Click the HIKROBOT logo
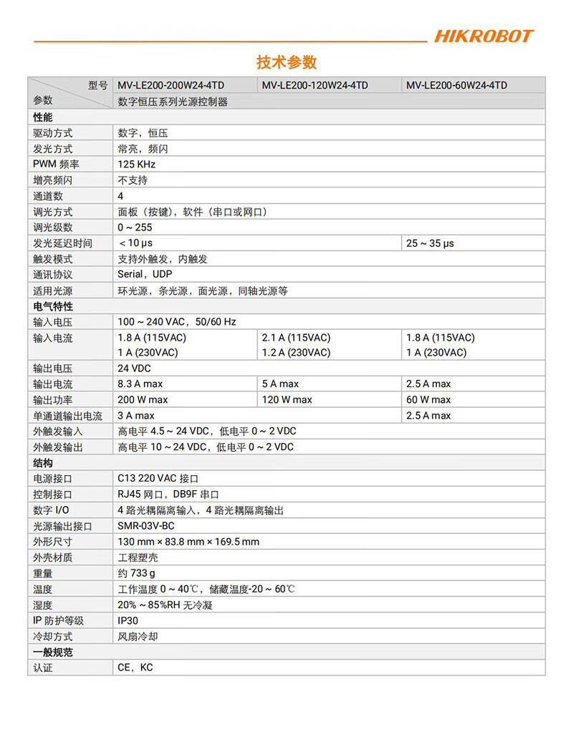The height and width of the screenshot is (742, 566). coord(484,36)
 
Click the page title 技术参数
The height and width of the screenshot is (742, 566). coord(287,62)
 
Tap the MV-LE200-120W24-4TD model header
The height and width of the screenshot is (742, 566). coord(315,85)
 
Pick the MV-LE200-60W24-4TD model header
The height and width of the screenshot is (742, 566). coord(456,85)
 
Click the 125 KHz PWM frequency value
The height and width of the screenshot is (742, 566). coord(137,165)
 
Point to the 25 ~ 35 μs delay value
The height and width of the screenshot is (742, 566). coord(430,243)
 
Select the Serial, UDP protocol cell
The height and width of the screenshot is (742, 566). coord(145,275)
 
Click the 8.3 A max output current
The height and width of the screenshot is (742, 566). coord(140,384)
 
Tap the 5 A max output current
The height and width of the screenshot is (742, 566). coord(281,384)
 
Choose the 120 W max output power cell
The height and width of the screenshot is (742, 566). coord(287,400)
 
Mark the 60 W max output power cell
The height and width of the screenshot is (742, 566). coord(428,400)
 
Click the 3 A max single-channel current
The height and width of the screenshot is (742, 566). coord(136,416)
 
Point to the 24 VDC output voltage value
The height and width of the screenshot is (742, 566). coord(134,368)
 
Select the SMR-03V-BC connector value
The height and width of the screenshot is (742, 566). coord(146,526)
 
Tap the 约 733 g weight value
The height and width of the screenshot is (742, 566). coord(136,573)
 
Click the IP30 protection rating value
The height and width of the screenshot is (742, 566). coord(128,620)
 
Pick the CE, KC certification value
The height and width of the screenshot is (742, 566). coord(135,668)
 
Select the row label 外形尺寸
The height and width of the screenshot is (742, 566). coord(52,542)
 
